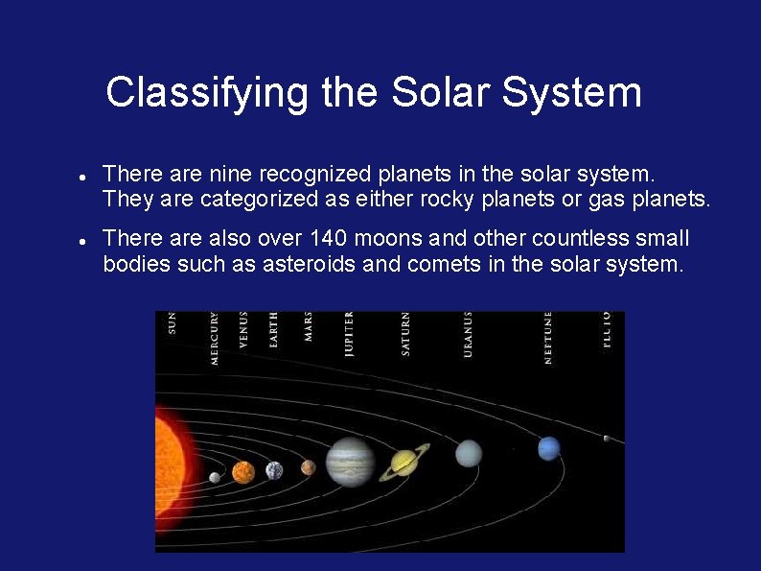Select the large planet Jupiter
(350, 462)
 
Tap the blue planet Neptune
(548, 448)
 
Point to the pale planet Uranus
(468, 453)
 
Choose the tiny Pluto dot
(606, 439)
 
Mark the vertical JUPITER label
(349, 334)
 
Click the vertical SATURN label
(405, 334)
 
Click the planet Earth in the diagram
(274, 470)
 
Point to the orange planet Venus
(243, 472)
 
